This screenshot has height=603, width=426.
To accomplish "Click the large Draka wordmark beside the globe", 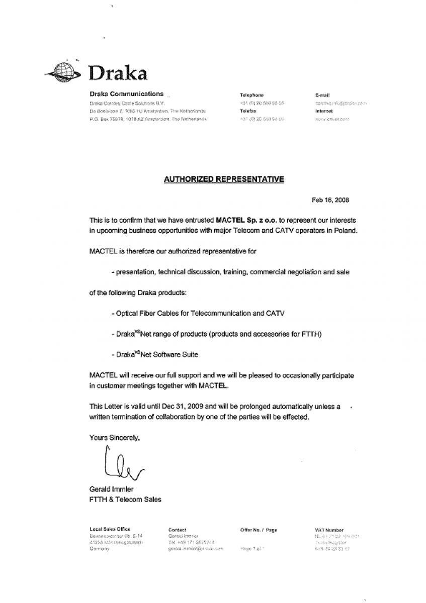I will point(118,73).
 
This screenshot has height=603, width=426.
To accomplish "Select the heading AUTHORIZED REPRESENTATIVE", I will point(224,179).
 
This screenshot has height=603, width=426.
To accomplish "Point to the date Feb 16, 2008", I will point(330,199).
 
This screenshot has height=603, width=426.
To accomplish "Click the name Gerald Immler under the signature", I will point(111,489).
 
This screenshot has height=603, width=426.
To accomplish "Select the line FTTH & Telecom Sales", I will point(125,499).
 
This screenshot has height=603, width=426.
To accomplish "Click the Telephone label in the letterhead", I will point(252,95).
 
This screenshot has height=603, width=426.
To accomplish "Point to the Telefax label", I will point(248,111).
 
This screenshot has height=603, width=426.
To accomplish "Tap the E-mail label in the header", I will point(322,95).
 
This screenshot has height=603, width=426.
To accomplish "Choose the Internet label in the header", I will point(324,111).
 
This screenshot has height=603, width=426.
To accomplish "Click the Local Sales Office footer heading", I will point(110,529).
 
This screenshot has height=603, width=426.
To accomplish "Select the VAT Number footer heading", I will point(327,530).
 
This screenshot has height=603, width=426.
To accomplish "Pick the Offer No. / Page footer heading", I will point(259,530).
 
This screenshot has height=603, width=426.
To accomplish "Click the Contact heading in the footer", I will point(177,530).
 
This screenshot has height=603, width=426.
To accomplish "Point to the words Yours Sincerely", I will point(114,438).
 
